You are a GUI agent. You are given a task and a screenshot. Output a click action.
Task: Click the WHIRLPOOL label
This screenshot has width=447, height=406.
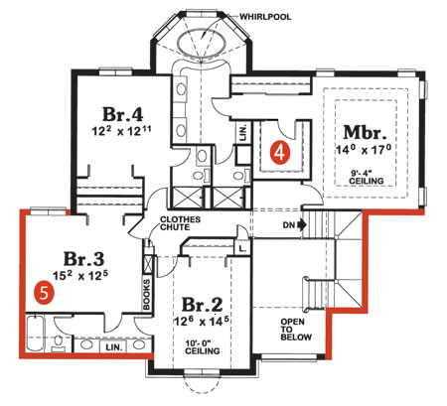265,17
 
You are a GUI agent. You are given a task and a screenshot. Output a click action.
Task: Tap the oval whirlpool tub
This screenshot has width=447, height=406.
202,43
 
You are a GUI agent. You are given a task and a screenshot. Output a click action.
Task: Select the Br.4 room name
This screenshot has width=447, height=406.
122,114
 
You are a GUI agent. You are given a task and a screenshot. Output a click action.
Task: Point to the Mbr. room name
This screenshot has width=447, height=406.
365,132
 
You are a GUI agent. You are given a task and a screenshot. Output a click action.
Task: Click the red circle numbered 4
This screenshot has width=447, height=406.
280,152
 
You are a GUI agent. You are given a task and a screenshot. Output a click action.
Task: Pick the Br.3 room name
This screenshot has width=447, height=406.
83,259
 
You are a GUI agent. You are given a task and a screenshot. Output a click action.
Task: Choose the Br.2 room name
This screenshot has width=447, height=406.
203,305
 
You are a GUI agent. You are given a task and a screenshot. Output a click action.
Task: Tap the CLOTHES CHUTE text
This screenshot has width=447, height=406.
180,223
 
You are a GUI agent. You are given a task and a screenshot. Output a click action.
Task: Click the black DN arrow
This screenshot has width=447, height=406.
302,225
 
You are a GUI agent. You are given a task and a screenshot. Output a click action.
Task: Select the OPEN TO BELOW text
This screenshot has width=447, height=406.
296,330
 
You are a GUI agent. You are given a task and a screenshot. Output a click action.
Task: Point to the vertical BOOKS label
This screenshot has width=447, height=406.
146,295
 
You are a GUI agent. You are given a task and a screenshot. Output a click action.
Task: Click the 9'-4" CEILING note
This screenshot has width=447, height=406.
367,178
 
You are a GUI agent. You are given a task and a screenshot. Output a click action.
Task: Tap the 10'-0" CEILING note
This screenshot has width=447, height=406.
202,346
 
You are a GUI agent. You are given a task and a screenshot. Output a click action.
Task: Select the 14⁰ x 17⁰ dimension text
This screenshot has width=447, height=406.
364,150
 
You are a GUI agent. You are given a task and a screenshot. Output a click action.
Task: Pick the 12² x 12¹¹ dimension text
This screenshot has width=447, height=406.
121,131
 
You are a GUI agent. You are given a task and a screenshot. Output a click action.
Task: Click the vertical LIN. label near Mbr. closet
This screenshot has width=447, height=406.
243,133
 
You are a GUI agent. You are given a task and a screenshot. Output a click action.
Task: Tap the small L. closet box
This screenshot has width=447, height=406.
242,248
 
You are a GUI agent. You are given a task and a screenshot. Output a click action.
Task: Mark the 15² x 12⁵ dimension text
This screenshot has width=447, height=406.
81,275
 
